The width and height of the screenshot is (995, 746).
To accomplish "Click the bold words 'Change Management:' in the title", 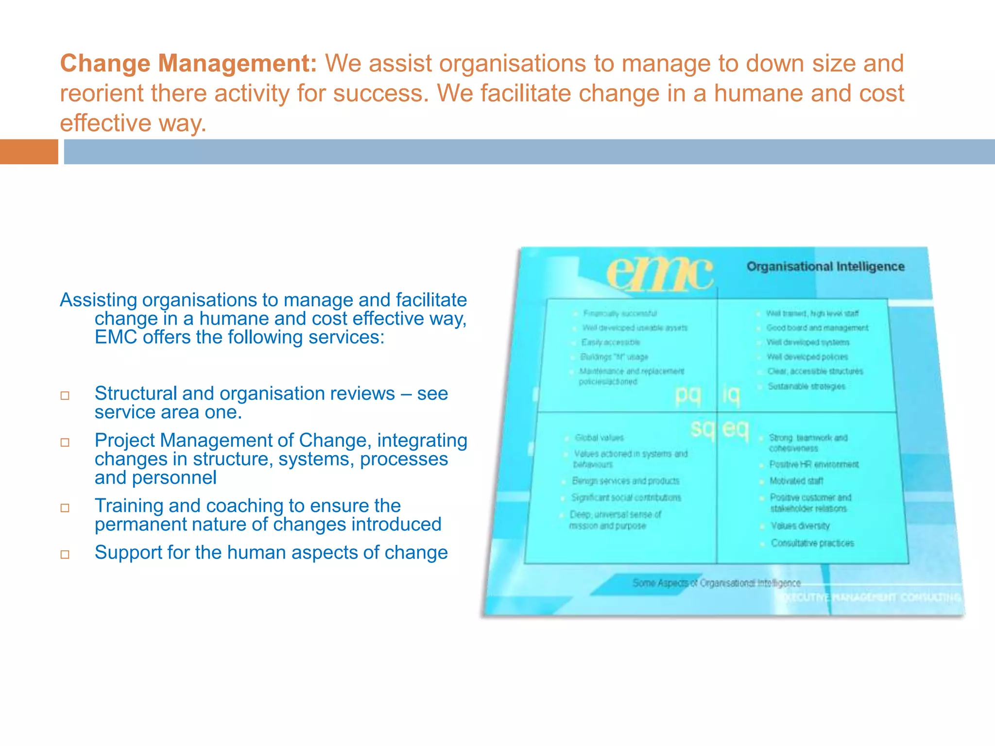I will pos(189,64).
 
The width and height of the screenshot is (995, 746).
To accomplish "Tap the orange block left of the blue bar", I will pos(29,152).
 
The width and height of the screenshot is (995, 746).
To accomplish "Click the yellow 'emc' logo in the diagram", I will pos(660,273).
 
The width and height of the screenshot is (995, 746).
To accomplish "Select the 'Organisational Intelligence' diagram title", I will pos(825,267).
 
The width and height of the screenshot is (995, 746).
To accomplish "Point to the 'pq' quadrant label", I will pos(687,395).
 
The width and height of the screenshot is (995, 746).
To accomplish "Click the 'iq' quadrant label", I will pos(730,395).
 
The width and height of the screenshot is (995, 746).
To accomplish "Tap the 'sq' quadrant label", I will pos(702,428).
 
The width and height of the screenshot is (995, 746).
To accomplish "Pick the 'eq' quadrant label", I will pos(736,428).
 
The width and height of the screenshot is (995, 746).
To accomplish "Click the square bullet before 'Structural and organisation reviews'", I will pos(65,396).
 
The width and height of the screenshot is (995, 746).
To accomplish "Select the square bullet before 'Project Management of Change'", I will pos(65,442).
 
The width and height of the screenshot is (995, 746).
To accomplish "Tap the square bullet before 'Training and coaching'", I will pos(65,508).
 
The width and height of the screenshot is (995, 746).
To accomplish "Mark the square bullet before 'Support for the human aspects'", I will pos(65,555).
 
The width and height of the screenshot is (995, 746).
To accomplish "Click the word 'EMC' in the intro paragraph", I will pos(116,337).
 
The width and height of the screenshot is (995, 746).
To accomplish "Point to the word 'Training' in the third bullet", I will pos(129,506).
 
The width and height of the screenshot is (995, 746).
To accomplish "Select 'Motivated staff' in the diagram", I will pos(796,481).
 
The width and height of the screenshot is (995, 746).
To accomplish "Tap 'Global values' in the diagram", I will pos(599,438).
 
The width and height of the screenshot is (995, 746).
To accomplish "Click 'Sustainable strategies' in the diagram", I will pos(806,387).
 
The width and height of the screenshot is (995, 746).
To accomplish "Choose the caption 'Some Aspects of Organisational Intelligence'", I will pos(716,583).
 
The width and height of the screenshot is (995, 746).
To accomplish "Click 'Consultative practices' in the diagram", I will pos(812,543).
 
